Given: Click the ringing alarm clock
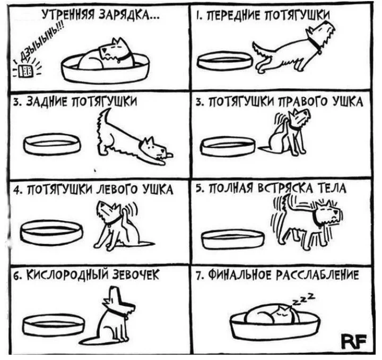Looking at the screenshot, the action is [25, 71].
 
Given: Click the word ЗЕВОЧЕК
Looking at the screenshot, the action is [136, 275].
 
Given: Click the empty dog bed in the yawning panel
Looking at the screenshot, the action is [54, 325].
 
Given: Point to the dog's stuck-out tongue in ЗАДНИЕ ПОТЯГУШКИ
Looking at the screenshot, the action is [170, 155].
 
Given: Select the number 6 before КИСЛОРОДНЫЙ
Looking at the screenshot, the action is [15, 276].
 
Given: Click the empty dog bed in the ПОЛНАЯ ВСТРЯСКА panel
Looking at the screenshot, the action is [233, 239].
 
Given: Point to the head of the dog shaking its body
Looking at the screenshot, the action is [328, 214].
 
